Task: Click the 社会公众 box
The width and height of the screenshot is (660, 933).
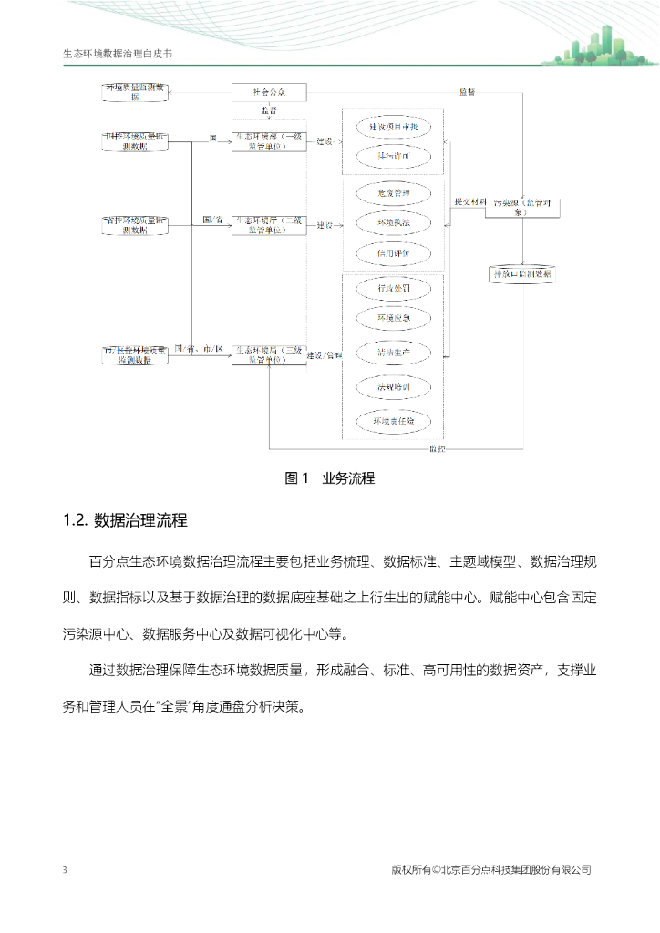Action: (x=268, y=92)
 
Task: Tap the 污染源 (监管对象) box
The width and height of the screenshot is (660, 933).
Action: (x=522, y=207)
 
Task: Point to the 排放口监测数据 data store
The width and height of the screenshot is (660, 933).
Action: (x=521, y=273)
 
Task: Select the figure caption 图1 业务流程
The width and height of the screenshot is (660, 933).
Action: (x=330, y=478)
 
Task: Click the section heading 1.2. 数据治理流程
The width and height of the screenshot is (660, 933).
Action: (x=125, y=521)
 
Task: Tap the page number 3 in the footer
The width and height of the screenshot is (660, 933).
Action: (x=65, y=870)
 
